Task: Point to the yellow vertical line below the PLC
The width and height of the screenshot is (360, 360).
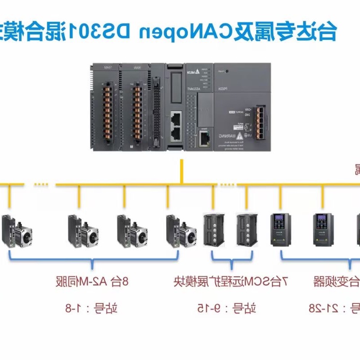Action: (181, 172)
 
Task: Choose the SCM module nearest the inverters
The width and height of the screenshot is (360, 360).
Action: (247, 229)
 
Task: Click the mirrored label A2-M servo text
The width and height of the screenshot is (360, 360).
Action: (92, 282)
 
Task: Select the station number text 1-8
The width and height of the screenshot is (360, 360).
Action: (92, 308)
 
